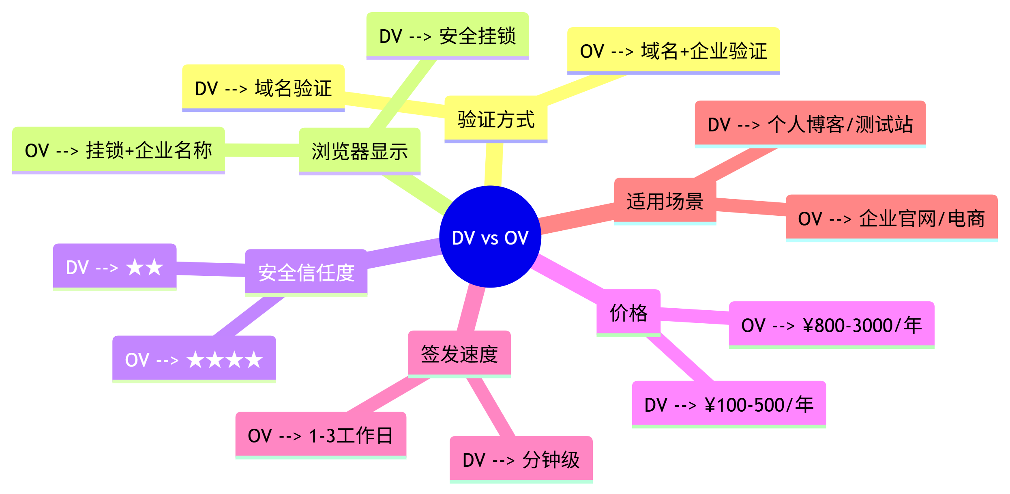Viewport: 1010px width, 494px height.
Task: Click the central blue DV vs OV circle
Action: pos(490,237)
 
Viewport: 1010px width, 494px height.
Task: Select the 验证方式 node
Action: pos(496,119)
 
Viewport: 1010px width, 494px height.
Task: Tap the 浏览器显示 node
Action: pos(360,151)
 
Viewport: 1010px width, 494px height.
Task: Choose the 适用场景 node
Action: pos(665,201)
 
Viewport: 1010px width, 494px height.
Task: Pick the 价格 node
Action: pos(628,313)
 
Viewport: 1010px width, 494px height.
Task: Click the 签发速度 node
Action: pos(459,354)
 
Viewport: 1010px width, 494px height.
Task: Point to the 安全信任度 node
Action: pos(306,273)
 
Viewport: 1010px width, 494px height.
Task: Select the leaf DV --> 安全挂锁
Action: pos(447,36)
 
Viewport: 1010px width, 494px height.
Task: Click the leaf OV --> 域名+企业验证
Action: pos(673,51)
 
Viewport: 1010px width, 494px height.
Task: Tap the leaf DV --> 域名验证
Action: pos(263,88)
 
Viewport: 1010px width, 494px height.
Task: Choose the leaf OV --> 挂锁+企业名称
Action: pos(118,150)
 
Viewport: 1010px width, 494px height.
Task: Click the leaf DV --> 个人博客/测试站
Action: pos(810,124)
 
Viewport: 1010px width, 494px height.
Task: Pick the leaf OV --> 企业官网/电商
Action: pos(891,218)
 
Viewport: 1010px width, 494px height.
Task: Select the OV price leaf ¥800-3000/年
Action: pos(831,325)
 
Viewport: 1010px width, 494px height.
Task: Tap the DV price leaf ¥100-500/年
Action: pos(729,404)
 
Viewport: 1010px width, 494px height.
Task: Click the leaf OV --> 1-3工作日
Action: pos(320,435)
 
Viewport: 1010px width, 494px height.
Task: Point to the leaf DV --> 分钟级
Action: pos(521,460)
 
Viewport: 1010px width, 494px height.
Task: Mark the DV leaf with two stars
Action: pos(114,267)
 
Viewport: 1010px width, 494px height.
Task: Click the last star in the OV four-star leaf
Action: pos(254,360)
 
